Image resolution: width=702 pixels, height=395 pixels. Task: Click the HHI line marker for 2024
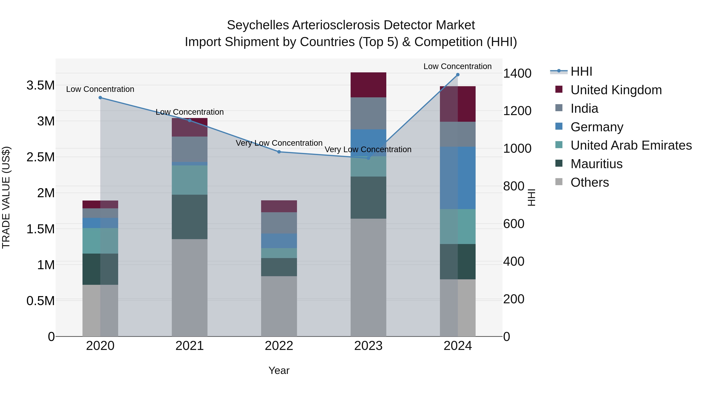point(457,75)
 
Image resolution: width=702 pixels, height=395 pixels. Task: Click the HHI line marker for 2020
point(100,98)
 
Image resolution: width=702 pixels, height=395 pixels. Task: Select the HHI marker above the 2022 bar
point(279,152)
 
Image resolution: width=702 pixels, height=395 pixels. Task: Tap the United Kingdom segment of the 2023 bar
point(368,85)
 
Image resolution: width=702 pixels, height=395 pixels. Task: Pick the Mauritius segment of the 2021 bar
point(189,217)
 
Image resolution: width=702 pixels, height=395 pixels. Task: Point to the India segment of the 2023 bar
point(368,113)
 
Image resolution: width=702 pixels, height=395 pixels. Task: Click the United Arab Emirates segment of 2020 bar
point(100,241)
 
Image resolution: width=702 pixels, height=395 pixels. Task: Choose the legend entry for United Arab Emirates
point(631,145)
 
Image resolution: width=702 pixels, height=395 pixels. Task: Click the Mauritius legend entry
point(596,164)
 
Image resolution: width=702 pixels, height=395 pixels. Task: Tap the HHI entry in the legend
point(581,71)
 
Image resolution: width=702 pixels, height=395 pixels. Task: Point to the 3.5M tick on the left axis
point(40,85)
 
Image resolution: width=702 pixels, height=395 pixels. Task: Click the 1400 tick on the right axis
point(517,73)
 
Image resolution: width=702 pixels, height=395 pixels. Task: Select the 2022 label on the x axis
point(279,346)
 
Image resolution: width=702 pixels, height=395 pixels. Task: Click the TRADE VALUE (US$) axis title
point(6,197)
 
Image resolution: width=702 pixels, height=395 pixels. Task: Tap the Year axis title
point(279,370)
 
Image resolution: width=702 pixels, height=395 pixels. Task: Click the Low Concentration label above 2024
point(457,66)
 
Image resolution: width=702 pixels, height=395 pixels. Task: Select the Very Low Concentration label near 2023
point(368,149)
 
